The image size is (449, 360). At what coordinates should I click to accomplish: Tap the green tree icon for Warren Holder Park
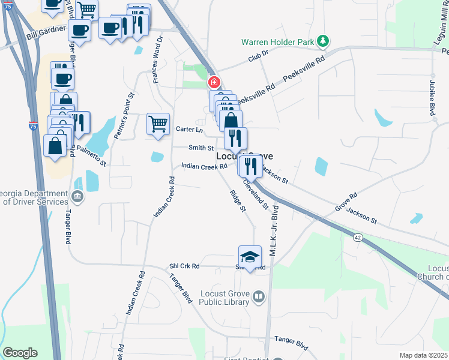324,41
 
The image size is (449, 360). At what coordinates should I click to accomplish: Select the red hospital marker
213,82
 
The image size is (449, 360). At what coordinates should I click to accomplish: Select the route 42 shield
358,238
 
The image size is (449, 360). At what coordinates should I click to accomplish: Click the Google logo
20,353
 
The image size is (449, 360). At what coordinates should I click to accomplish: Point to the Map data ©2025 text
423,355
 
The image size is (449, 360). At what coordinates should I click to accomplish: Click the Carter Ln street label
190,130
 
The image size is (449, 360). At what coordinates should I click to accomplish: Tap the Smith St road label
201,148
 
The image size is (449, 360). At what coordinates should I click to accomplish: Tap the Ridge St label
238,200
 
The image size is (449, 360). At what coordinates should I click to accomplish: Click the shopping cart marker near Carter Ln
158,124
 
